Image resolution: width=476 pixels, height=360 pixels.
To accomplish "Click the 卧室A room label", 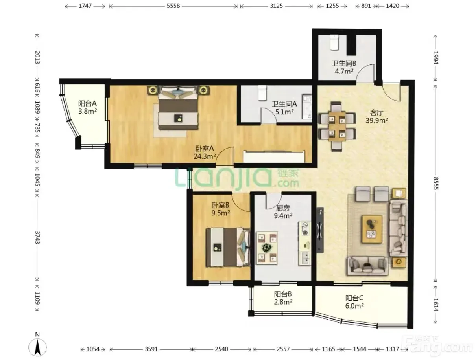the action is tap(205, 149).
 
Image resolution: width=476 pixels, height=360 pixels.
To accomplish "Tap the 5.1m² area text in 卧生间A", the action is tap(284, 112).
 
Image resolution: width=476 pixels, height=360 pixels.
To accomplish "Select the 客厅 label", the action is tap(377, 112).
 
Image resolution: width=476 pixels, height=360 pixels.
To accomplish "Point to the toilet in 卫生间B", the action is tap(334, 43).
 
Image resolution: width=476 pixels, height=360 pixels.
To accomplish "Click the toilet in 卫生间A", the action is tap(262, 93).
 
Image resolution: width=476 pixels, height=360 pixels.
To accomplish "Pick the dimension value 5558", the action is tap(173, 6).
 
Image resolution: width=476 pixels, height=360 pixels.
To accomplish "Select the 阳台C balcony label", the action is tap(354, 298).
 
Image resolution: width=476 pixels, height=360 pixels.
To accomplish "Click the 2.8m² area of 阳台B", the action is tap(283, 302).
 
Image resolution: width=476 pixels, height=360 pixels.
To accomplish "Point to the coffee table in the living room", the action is tap(371, 229).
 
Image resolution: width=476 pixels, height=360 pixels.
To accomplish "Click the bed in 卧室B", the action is tap(228, 247).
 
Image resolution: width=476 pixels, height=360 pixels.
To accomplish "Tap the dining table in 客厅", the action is tap(337, 127).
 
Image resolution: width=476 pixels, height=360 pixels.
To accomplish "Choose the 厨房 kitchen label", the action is tap(283, 208).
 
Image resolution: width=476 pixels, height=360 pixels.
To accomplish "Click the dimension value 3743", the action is tap(37, 238).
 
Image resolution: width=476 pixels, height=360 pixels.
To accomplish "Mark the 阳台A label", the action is tap(87, 103).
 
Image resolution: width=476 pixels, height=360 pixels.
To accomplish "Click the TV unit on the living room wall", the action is tap(320, 230).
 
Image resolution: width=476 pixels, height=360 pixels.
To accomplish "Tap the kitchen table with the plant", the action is tap(267, 248).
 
